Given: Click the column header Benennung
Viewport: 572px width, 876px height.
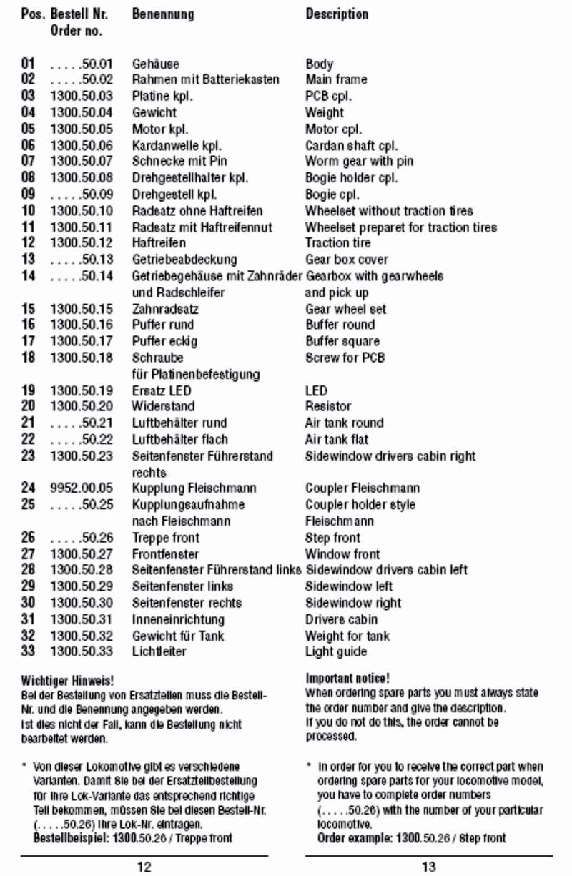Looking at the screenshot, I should click(x=163, y=14).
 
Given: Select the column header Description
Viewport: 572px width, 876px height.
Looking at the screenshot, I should click(x=337, y=14).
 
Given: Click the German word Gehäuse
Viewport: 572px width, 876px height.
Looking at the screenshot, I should click(x=156, y=64).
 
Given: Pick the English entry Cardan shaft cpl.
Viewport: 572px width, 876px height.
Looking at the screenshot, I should click(x=352, y=145).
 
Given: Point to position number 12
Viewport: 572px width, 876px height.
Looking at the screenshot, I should click(x=29, y=243).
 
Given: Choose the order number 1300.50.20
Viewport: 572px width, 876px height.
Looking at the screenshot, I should click(x=82, y=406).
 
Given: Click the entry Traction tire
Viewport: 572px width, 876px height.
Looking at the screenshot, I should click(x=338, y=243).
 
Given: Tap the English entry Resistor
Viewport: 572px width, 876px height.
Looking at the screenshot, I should click(x=328, y=406).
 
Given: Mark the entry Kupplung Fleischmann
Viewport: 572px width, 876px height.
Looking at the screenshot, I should click(x=184, y=488).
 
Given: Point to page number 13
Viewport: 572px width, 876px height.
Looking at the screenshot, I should click(x=428, y=867).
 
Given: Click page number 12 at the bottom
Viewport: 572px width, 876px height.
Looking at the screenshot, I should click(x=144, y=867).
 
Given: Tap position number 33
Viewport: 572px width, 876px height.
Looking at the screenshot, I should click(x=29, y=651).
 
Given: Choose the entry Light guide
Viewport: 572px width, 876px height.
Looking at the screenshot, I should click(x=336, y=651).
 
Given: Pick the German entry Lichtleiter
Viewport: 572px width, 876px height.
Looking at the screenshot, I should click(x=159, y=651).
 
